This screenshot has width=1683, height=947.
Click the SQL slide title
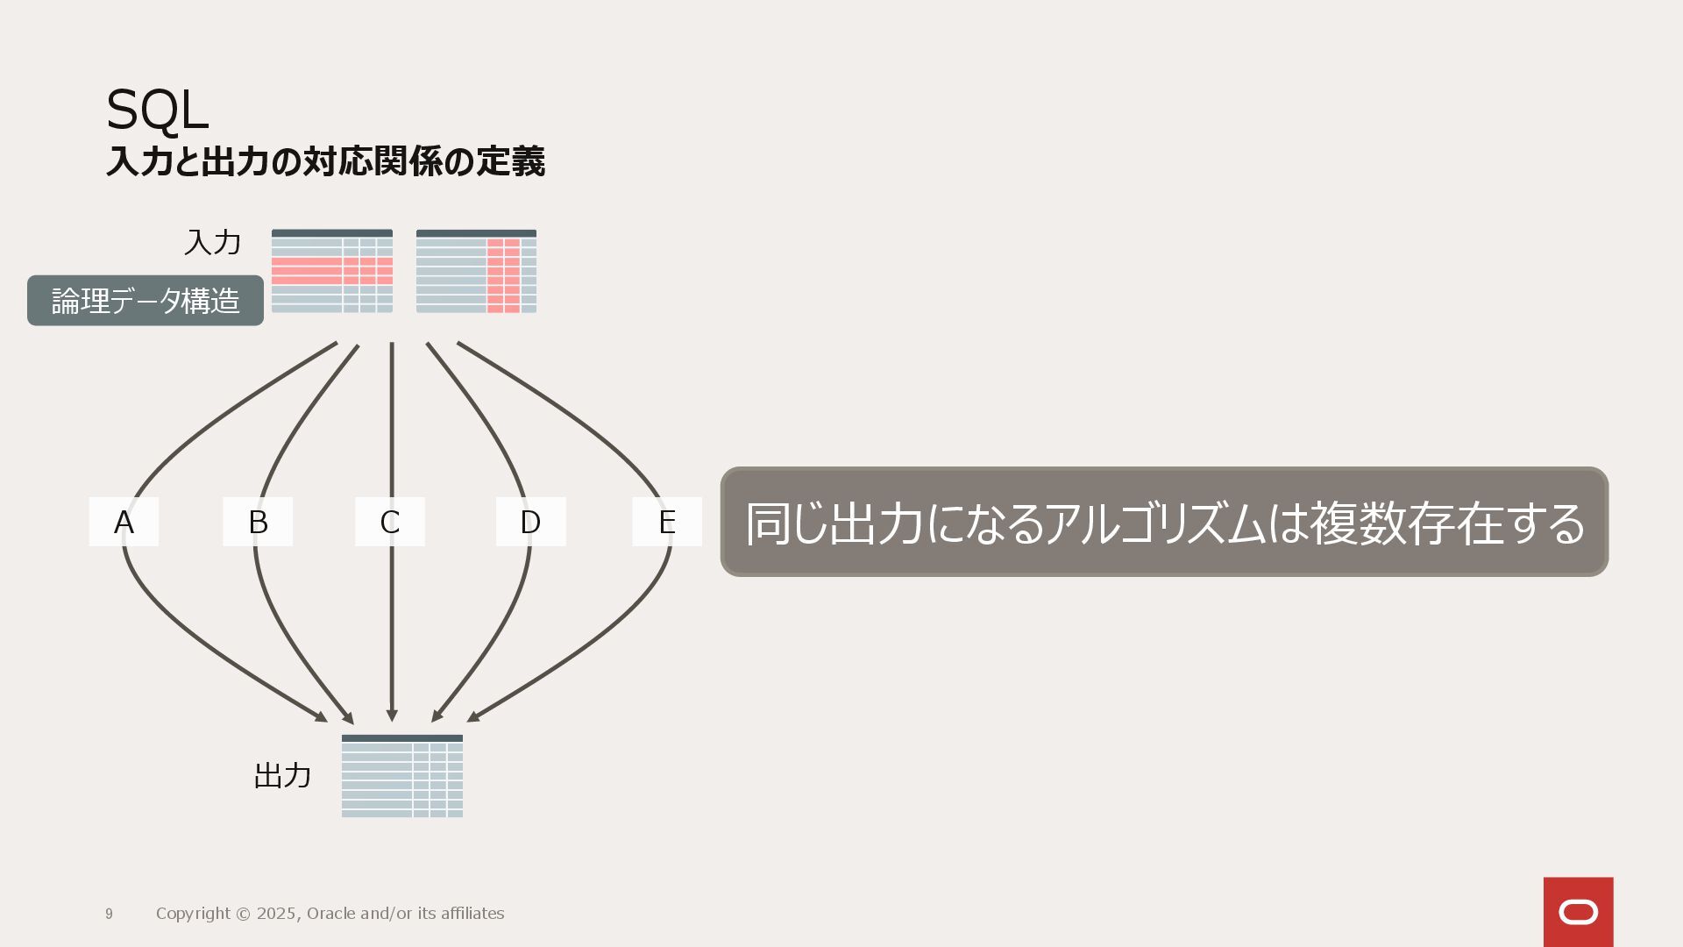(157, 110)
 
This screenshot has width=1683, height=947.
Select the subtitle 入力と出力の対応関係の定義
(325, 162)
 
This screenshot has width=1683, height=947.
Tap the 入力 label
(212, 243)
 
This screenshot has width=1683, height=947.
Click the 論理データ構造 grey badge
(146, 301)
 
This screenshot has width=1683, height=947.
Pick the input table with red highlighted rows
(332, 271)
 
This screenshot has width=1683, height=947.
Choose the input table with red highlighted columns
(476, 271)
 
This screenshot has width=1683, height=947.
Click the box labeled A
(124, 522)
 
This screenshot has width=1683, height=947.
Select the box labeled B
(258, 522)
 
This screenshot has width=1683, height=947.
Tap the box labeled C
(390, 522)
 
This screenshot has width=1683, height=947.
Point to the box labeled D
(530, 522)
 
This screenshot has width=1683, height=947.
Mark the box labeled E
(667, 522)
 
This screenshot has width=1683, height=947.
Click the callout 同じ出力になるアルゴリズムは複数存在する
(1164, 522)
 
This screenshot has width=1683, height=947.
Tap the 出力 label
(282, 776)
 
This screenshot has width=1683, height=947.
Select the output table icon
(402, 776)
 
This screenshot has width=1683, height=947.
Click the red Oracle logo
(1578, 912)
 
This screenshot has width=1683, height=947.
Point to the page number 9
(109, 914)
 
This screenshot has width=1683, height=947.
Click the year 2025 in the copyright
(276, 914)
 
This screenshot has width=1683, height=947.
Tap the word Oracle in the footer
(330, 914)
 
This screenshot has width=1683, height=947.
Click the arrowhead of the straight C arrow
(392, 716)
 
